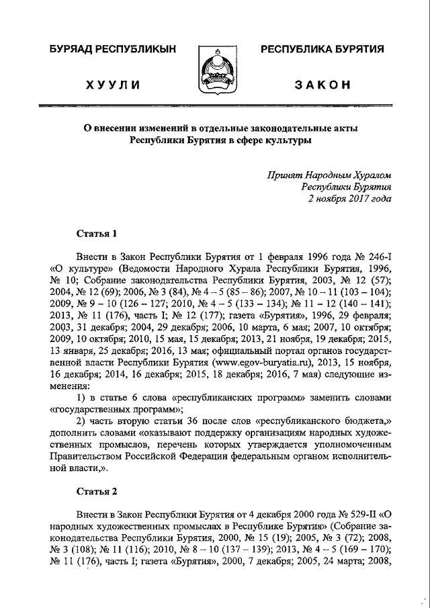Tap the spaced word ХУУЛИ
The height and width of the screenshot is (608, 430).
(x=112, y=85)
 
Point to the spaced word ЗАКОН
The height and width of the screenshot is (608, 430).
(x=322, y=85)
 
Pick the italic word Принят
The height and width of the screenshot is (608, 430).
(x=284, y=174)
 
